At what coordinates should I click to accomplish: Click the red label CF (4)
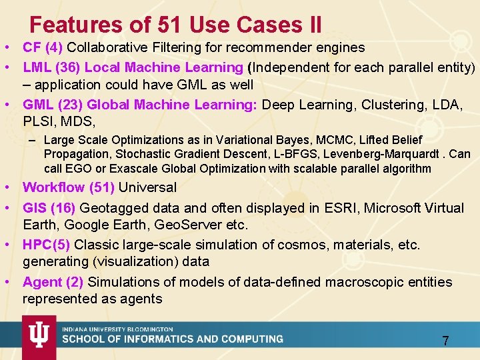pyautogui.click(x=43, y=47)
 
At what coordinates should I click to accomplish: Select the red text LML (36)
pyautogui.click(x=52, y=67)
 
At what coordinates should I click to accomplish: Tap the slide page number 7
pyautogui.click(x=445, y=341)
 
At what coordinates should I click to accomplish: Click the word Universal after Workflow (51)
pyautogui.click(x=147, y=187)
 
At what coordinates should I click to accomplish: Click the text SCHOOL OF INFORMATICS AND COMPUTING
pyautogui.click(x=173, y=339)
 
